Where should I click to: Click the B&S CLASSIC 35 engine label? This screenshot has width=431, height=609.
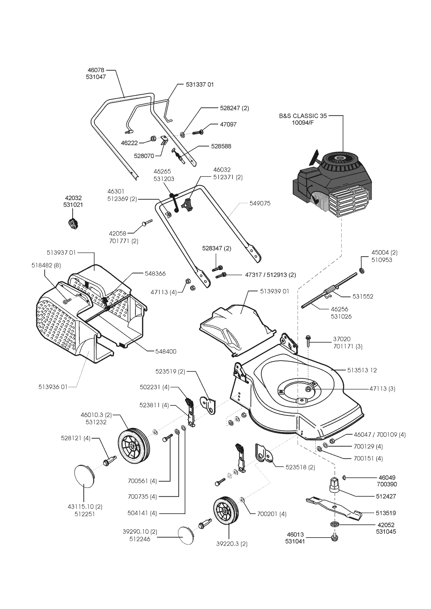tap(303, 116)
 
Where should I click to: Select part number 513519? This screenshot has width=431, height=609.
tap(386, 513)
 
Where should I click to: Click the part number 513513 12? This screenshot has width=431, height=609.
tap(362, 370)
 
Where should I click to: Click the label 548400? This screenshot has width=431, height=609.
tap(166, 351)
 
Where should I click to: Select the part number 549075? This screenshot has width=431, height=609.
tap(260, 203)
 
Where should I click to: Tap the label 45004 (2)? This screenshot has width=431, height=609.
tap(384, 252)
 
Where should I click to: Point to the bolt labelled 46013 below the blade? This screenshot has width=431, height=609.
tap(335, 538)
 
